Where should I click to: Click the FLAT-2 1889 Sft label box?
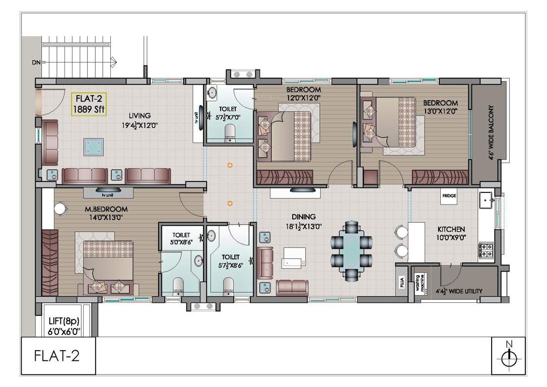pyautogui.click(x=89, y=104)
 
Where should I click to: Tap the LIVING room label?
pyautogui.click(x=140, y=115)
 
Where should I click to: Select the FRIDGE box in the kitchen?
pyautogui.click(x=449, y=197)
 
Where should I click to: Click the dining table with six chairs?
pyautogui.click(x=352, y=250)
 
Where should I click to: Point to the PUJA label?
pyautogui.click(x=402, y=282)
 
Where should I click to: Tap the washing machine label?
pyautogui.click(x=420, y=283)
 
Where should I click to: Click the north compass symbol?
pyautogui.click(x=509, y=355)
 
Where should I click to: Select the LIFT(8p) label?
pyautogui.click(x=64, y=321)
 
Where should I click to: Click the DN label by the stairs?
pyautogui.click(x=36, y=63)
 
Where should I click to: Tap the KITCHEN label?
pyautogui.click(x=451, y=229)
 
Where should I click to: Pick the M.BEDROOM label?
pyautogui.click(x=106, y=210)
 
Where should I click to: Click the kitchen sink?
pyautogui.click(x=486, y=201)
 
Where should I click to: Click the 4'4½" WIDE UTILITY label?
pyautogui.click(x=459, y=291)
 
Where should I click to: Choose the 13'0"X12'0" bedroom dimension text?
pyautogui.click(x=440, y=111)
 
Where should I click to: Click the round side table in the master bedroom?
pyautogui.click(x=61, y=208)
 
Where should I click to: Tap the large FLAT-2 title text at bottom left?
pyautogui.click(x=57, y=356)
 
